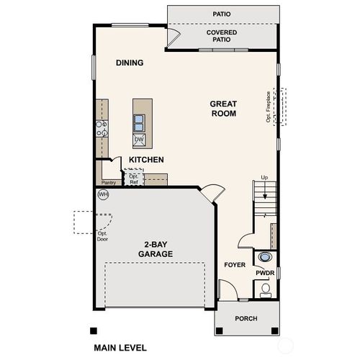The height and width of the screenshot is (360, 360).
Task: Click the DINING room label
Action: [130, 63]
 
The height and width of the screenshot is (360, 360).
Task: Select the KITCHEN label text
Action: [146, 159]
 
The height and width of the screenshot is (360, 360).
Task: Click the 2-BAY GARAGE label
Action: [156, 249]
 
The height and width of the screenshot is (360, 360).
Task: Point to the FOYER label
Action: [235, 265]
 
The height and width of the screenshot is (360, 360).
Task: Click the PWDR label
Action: [264, 274]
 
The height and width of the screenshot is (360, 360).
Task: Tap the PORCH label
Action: [247, 319]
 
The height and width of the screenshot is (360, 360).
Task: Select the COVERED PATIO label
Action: [222, 36]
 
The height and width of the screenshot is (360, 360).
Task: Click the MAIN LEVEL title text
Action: [120, 347]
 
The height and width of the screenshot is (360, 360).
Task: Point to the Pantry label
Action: [109, 183]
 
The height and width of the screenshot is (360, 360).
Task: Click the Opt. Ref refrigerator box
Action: [134, 179]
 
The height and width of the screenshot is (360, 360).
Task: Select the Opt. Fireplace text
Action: [268, 107]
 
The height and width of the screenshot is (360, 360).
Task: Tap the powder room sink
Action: [264, 258]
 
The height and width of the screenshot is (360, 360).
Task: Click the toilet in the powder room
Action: [265, 289]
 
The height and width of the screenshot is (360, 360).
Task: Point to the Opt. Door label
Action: [102, 235]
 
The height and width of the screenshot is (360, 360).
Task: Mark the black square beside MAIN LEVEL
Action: [93, 331]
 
